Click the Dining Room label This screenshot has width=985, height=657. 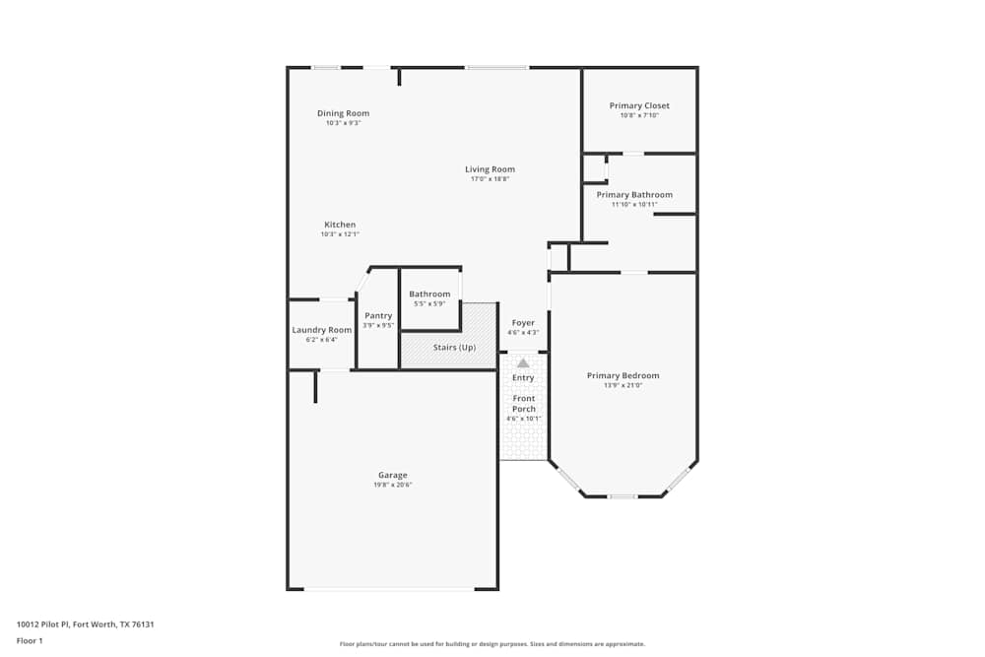pos(343,113)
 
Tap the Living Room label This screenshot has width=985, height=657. pos(490,169)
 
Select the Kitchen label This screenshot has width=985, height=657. pos(340,225)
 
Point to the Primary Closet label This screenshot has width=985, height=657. pos(639,105)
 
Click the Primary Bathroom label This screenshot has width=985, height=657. pos(634,195)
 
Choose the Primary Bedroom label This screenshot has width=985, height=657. pos(623,375)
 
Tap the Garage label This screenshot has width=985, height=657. pos(392,475)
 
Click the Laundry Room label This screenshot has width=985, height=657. pos(321,330)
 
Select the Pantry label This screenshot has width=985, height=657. pos(378,316)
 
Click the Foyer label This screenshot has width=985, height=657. pos(523,323)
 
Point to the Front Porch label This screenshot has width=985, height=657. pos(524,403)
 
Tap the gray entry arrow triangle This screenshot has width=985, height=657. pos(523,363)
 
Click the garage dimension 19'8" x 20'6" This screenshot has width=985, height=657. pos(392,485)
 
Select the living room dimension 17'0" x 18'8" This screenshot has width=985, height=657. pos(490,179)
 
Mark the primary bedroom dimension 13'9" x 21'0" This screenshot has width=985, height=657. pos(623,385)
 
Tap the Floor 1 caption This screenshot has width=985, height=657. pos(30,640)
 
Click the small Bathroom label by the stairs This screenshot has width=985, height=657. pos(429,294)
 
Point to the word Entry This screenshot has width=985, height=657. pos(523,377)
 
